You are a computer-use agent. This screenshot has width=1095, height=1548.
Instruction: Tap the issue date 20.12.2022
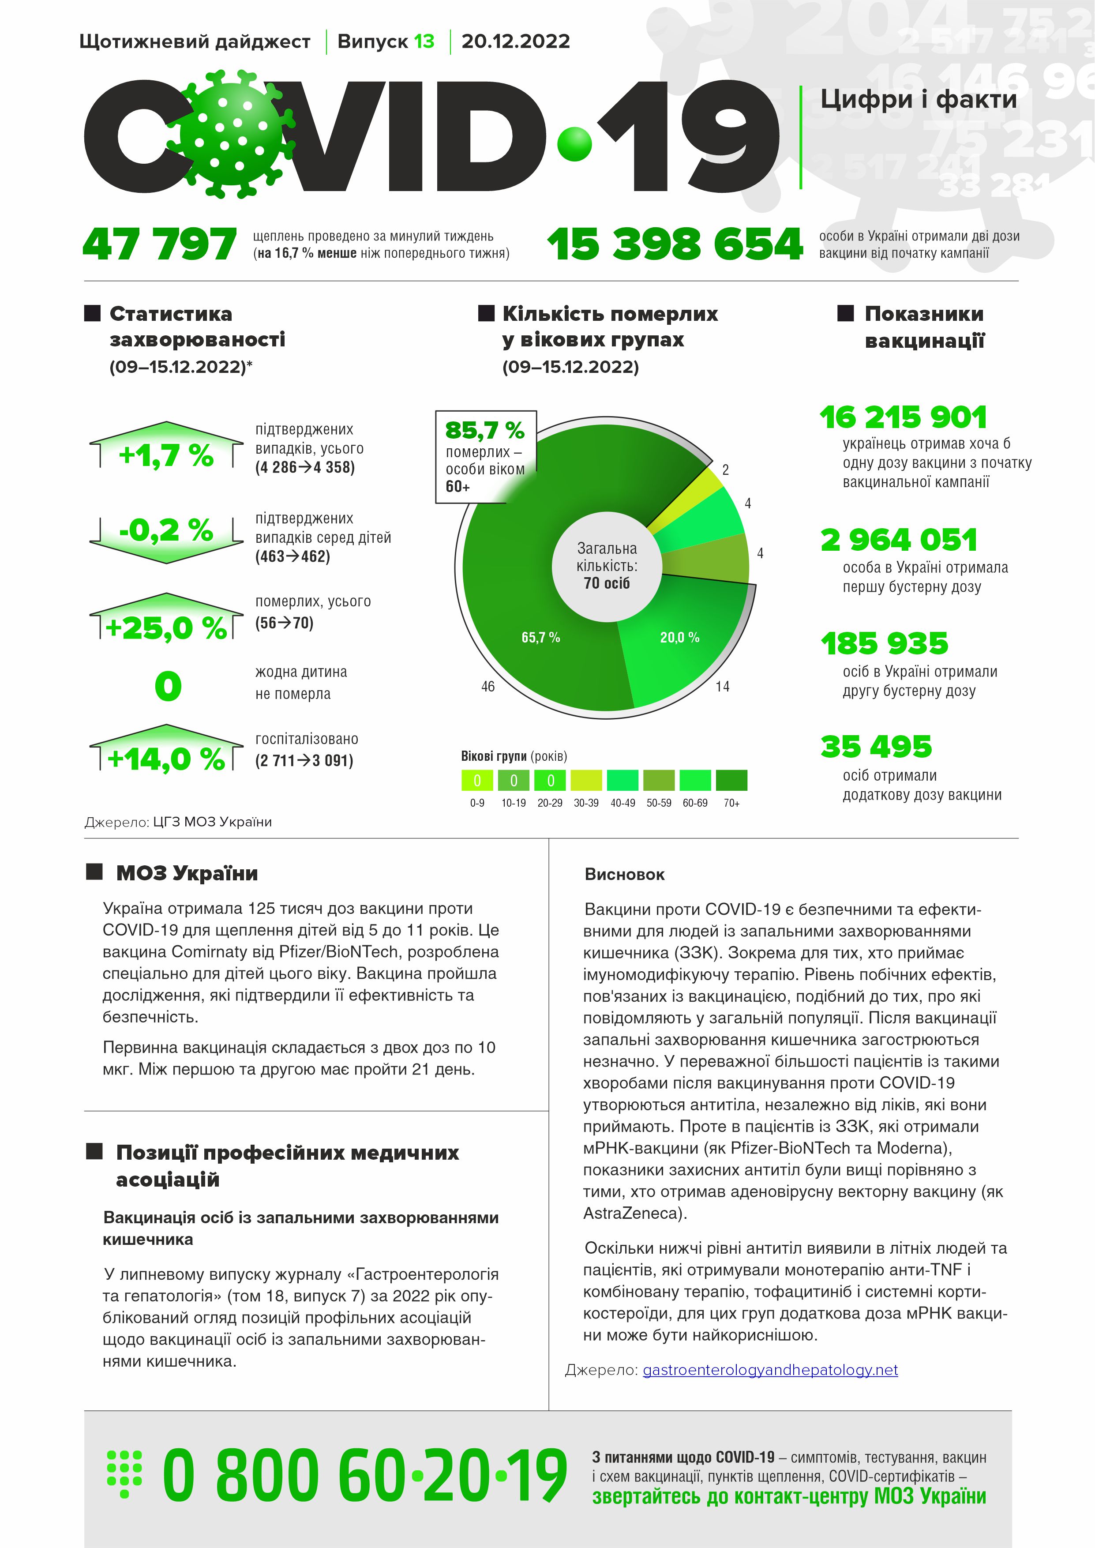515,42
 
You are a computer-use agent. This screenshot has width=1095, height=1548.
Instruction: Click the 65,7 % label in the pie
541,637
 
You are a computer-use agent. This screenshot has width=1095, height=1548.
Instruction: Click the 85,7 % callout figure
485,429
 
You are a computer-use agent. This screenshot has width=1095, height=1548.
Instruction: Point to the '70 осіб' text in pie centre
607,583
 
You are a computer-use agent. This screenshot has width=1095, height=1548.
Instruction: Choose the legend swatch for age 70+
731,780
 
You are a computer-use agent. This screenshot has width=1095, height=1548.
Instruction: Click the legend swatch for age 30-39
586,780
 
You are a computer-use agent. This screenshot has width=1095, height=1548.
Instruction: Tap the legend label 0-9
477,803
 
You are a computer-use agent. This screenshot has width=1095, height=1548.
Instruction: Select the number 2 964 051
899,539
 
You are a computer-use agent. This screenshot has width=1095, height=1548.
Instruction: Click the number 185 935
885,643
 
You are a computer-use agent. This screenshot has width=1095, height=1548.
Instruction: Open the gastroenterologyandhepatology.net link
770,1370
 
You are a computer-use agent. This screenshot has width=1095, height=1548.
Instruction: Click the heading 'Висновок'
624,875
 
